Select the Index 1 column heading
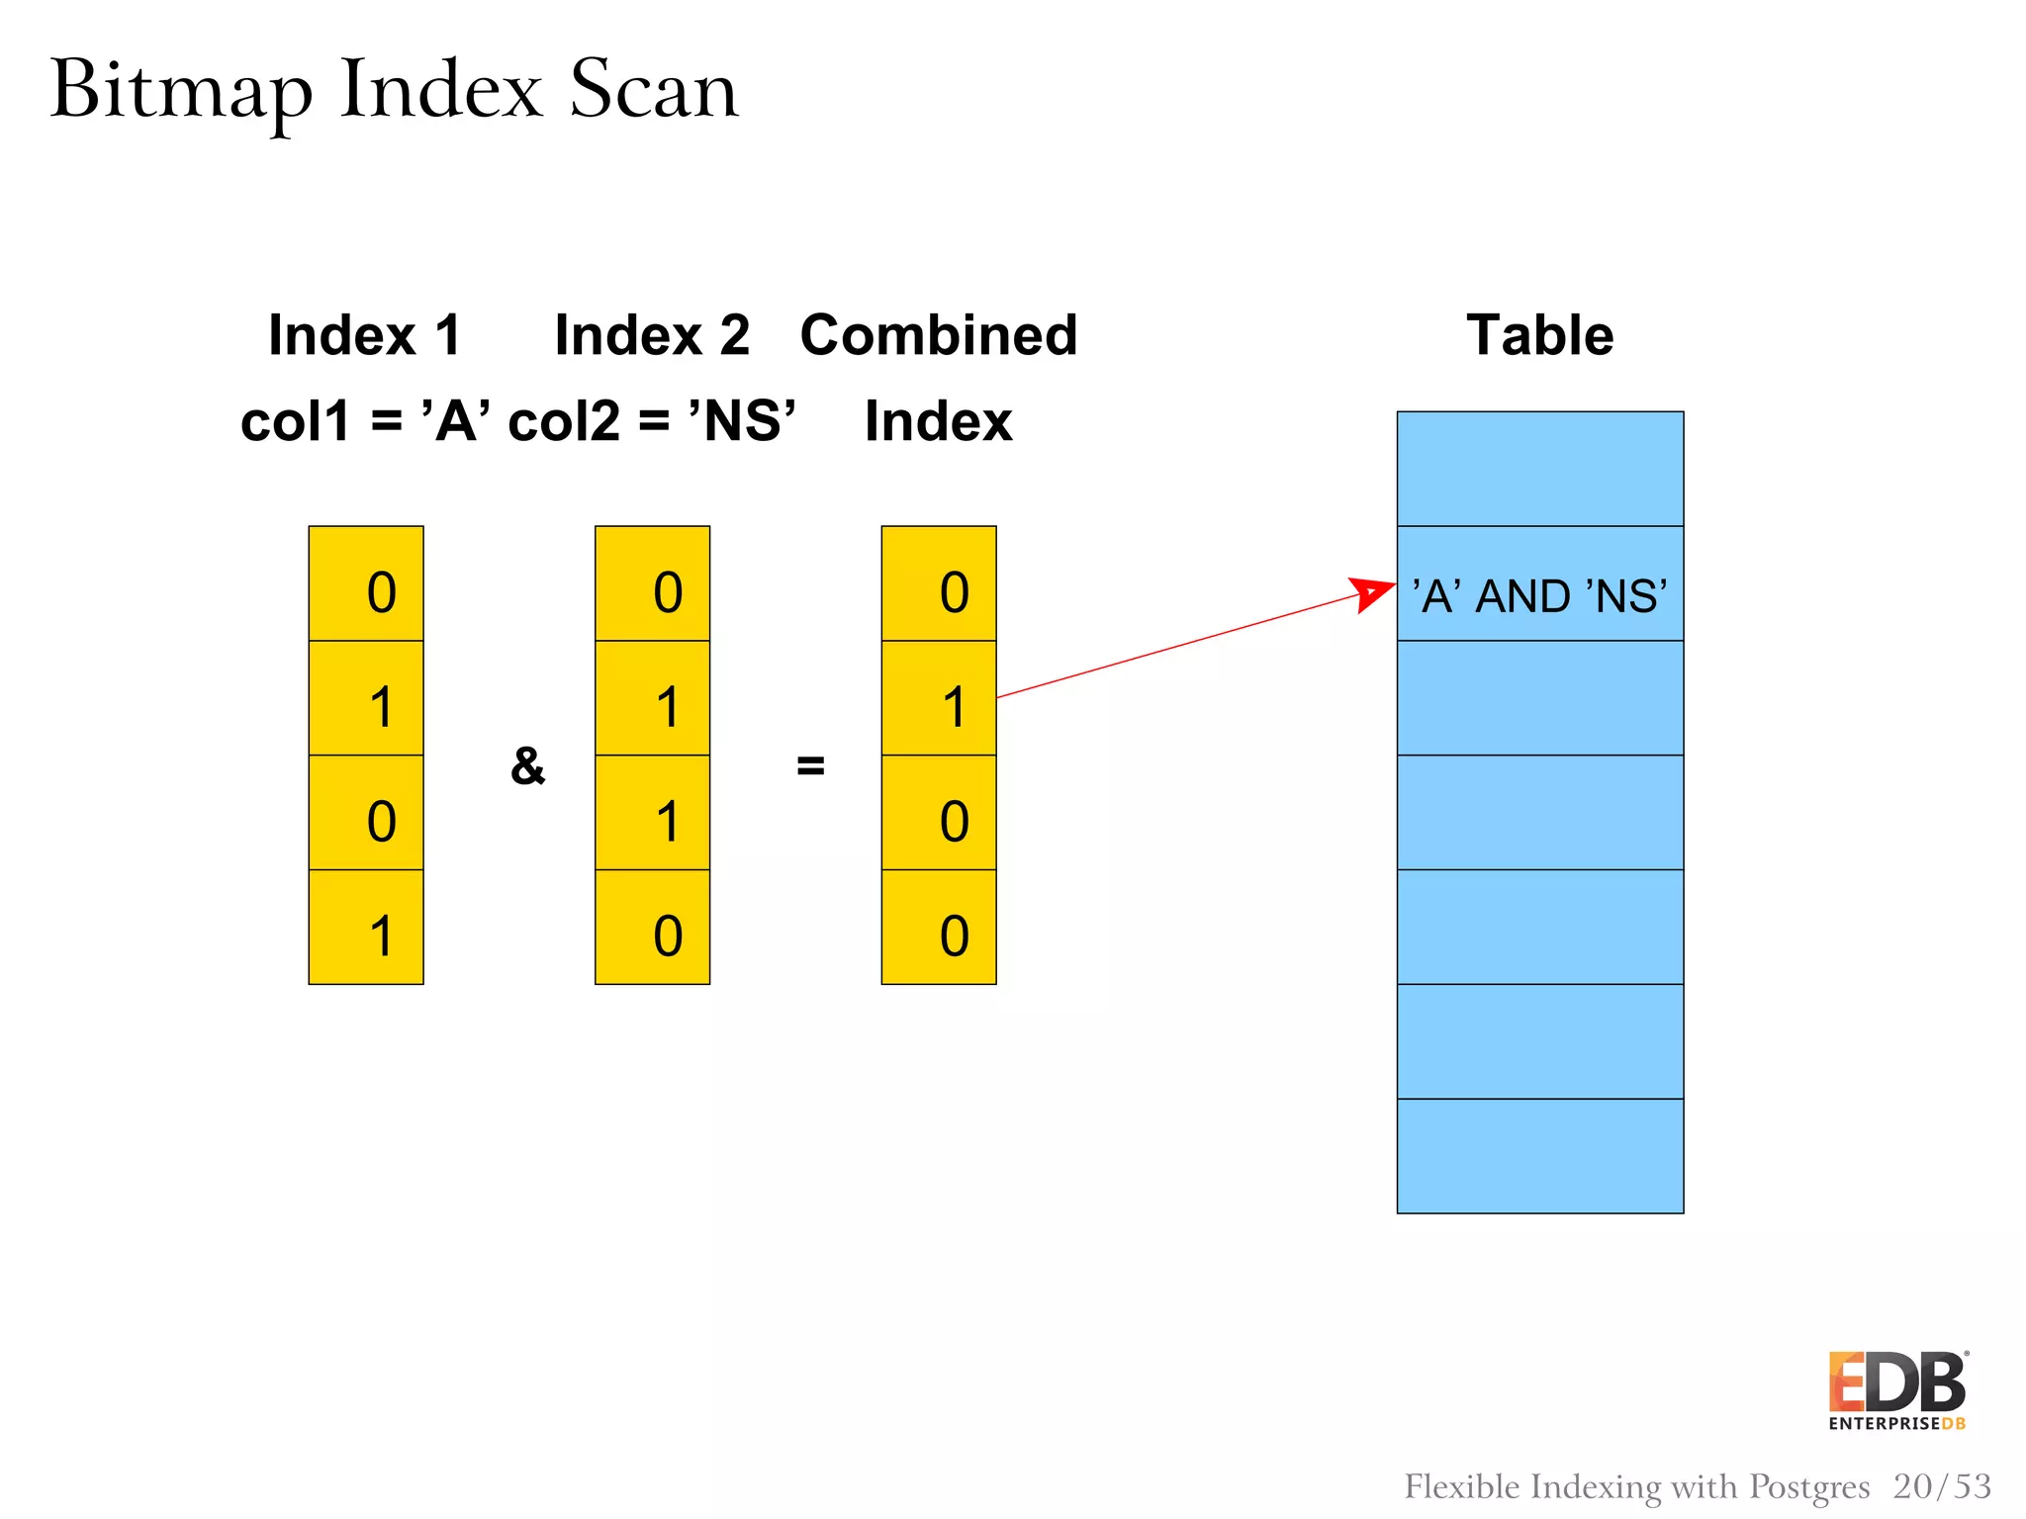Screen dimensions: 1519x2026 click(x=365, y=334)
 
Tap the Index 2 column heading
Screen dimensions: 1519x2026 click(x=652, y=334)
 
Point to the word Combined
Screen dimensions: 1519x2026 click(x=938, y=334)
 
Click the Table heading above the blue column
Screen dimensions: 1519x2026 click(x=1539, y=334)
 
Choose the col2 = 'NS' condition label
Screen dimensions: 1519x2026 click(x=652, y=421)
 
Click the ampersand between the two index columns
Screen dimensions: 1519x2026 click(x=527, y=765)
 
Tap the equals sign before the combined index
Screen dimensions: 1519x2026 click(x=810, y=764)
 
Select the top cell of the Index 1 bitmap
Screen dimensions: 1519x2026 click(x=366, y=583)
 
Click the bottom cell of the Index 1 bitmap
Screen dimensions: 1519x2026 click(x=366, y=928)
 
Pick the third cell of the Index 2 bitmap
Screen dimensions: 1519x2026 click(x=652, y=813)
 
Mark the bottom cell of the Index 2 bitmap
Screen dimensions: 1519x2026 click(x=652, y=928)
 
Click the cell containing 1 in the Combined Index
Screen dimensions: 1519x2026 click(x=939, y=698)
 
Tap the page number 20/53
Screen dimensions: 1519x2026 click(x=1942, y=1486)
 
